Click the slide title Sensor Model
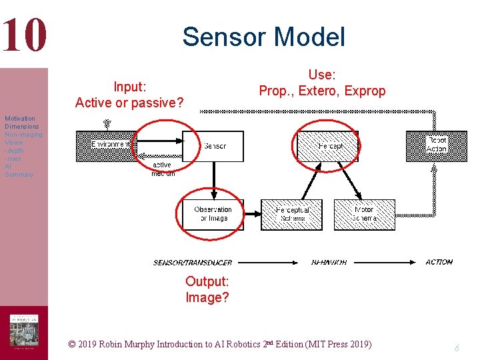point(263,37)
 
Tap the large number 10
point(24,35)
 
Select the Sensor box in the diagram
point(213,146)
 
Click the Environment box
point(107,145)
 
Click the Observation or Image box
point(213,214)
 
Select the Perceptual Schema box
point(291,214)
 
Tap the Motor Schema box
point(364,214)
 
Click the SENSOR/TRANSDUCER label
point(193,263)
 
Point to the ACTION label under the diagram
point(439,262)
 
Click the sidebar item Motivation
point(20,119)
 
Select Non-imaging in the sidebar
point(23,135)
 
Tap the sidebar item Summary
point(19,175)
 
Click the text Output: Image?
point(207,289)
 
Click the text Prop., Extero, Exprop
point(322,91)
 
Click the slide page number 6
point(457,347)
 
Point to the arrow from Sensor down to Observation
point(213,180)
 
